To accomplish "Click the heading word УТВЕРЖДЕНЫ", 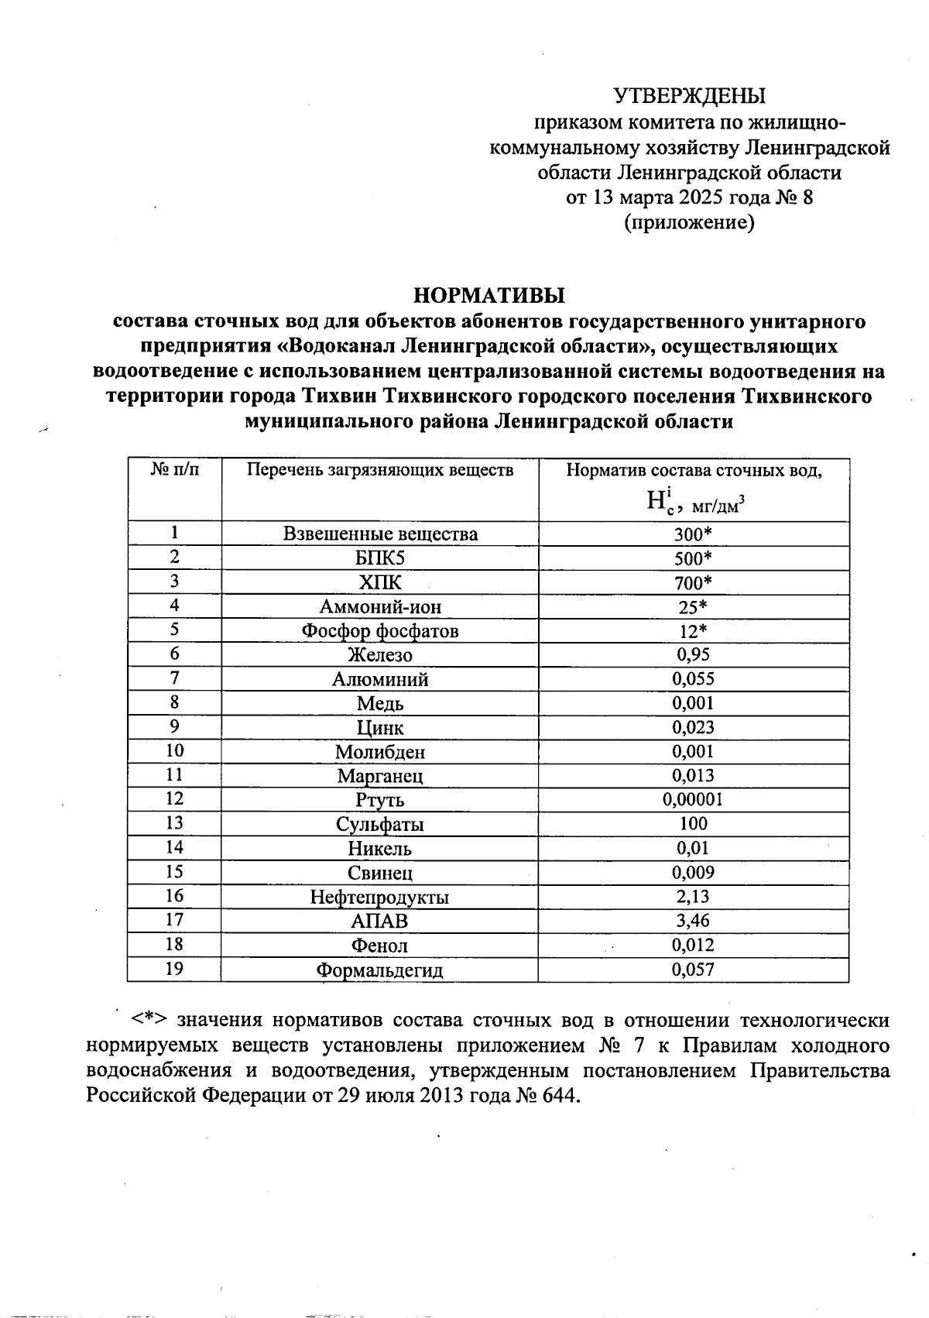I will click(x=689, y=96).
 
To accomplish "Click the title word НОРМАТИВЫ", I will click(x=488, y=296).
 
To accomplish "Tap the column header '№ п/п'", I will click(x=174, y=470).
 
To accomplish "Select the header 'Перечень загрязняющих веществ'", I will click(x=379, y=470).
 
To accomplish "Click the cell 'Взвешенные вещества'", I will click(x=379, y=534).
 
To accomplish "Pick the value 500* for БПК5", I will click(x=693, y=558).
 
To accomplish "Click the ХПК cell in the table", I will click(x=379, y=582).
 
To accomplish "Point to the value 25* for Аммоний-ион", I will click(x=693, y=607).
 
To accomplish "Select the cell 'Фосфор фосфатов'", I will click(x=379, y=631).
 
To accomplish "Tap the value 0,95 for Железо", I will click(x=693, y=655).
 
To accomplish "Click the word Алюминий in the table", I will click(x=379, y=680).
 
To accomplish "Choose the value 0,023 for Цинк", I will click(x=693, y=728).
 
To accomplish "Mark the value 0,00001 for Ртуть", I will click(x=693, y=800).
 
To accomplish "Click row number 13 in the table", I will click(x=174, y=823).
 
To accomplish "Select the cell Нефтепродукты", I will click(x=379, y=898).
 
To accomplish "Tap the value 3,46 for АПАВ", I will click(x=693, y=921).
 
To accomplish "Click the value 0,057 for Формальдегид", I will click(x=693, y=970).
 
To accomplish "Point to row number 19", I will click(x=174, y=969).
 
